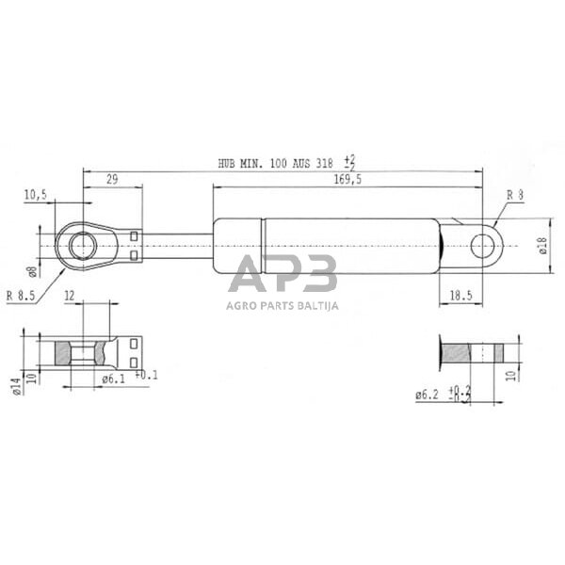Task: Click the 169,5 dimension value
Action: tap(347, 179)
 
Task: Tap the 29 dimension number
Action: tap(112, 179)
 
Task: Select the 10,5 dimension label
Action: tap(36, 195)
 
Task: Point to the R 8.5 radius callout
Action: tap(21, 296)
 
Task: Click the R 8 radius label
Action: tap(515, 195)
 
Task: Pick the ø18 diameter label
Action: tap(543, 246)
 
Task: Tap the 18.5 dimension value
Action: tap(460, 296)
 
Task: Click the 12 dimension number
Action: tap(69, 296)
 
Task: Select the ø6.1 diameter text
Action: tap(114, 379)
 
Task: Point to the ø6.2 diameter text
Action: tap(427, 395)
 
